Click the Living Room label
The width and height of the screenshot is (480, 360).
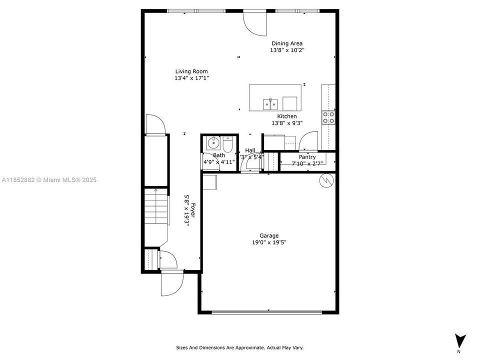point(191,71)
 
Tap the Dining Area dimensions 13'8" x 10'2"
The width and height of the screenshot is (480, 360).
point(287,50)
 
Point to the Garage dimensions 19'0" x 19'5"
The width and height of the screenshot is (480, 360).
point(269,242)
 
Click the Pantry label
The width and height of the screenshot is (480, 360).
point(307,157)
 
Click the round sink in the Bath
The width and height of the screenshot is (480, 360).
point(213,143)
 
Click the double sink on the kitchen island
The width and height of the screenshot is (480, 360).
point(270,104)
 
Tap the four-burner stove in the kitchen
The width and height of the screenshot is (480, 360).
point(328,117)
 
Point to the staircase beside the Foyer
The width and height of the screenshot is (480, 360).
point(155,206)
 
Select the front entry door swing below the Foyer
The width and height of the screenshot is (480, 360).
point(171,283)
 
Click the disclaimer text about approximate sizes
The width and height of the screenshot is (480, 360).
point(239,347)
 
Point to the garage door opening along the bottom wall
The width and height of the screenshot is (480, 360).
point(267,312)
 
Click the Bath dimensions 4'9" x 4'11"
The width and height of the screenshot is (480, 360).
point(219,162)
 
